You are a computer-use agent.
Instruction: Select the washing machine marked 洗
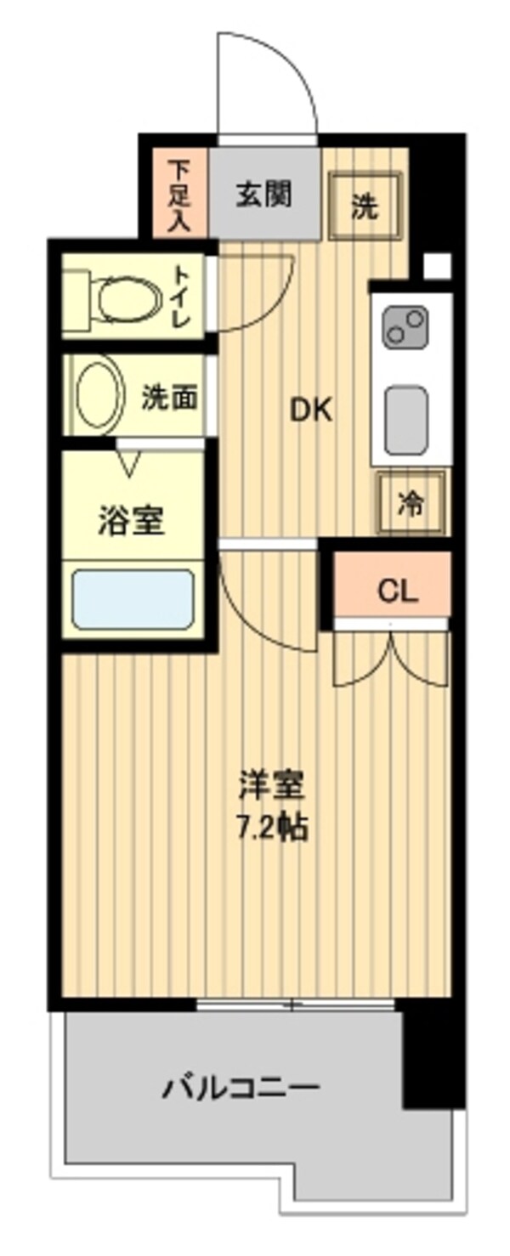(365, 205)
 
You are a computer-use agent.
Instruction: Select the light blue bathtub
(133, 599)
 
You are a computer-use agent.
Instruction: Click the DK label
(311, 412)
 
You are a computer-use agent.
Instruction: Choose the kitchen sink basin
(406, 419)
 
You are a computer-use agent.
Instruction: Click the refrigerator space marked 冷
(411, 502)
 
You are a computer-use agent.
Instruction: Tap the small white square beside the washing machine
(437, 266)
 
